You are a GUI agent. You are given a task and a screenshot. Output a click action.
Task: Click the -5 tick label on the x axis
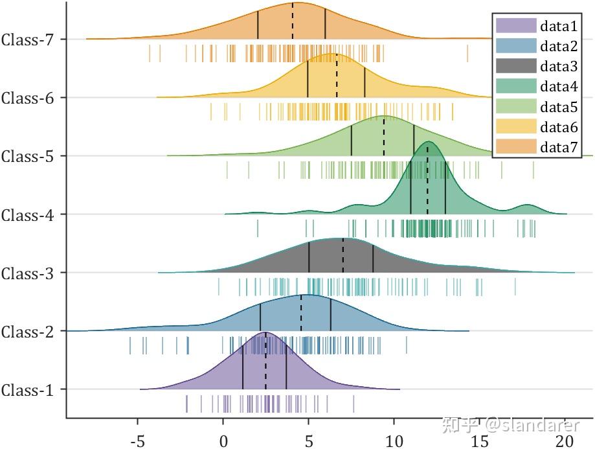click(137, 442)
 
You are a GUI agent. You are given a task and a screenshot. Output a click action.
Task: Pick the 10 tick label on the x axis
click(394, 442)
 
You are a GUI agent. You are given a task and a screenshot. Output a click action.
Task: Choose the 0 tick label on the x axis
click(223, 442)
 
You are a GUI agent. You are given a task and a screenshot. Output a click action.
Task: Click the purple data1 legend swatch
click(516, 26)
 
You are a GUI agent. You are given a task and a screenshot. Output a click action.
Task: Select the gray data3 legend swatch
click(516, 66)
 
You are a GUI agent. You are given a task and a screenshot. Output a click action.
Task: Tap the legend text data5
click(559, 107)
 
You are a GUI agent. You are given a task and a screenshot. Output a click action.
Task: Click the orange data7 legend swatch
click(516, 147)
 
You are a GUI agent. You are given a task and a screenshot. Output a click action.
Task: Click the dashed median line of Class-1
click(265, 363)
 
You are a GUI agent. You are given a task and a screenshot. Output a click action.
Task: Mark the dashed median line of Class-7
click(292, 22)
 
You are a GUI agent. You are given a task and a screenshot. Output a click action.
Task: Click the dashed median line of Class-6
click(337, 76)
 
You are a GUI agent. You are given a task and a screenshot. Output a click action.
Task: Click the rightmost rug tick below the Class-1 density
click(354, 404)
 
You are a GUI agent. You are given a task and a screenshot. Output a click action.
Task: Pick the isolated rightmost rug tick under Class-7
click(467, 53)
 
